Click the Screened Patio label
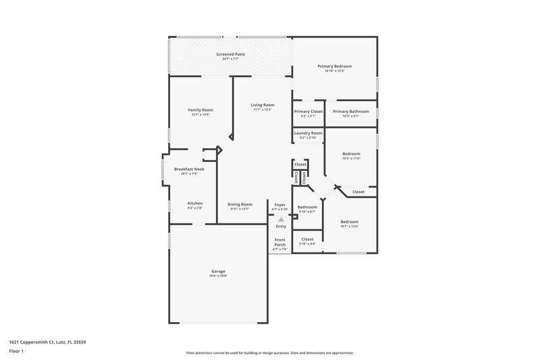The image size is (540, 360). [230, 54]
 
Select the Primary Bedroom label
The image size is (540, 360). [335, 66]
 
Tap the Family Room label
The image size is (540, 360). [200, 110]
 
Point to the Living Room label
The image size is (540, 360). [263, 105]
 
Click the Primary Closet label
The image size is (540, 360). [308, 111]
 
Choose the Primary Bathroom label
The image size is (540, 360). [350, 111]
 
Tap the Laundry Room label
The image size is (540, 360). [308, 133]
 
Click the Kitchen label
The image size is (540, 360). [195, 203]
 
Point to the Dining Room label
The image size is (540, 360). [240, 204]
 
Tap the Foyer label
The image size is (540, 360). [279, 204]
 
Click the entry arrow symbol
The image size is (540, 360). [281, 220]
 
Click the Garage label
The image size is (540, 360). [218, 272]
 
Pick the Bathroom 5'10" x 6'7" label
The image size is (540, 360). [307, 207]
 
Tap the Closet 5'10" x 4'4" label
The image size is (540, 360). [307, 239]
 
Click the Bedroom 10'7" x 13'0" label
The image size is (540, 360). [349, 222]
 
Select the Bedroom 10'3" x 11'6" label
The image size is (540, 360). [350, 153]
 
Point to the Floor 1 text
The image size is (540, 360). [16, 351]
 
